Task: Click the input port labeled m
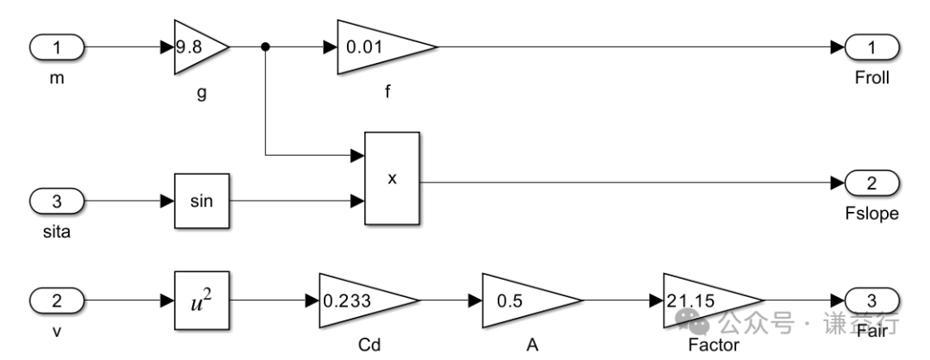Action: [x=58, y=47]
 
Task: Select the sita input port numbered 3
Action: [x=58, y=202]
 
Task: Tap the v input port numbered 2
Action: [x=58, y=301]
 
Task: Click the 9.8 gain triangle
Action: [x=196, y=47]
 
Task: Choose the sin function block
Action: [x=202, y=202]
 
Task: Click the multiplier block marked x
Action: [x=392, y=177]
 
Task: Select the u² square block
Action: [x=202, y=301]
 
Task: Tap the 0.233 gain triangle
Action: [x=362, y=301]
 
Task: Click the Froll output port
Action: [x=872, y=47]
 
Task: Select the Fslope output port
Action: [x=872, y=183]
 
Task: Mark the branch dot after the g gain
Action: [x=265, y=47]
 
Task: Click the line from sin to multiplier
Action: [x=293, y=202]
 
